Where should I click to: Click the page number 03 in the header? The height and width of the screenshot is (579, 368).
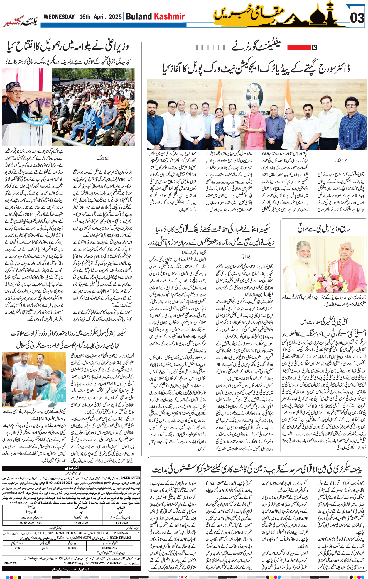pos(357,18)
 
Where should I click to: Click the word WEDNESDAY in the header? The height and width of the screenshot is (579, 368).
pos(59,17)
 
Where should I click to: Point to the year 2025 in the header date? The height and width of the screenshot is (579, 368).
pos(115,17)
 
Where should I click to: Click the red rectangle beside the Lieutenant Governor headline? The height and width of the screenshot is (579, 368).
pos(299,47)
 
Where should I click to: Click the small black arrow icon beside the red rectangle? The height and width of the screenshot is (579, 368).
pos(314,47)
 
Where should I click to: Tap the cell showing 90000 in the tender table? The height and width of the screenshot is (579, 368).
pos(72,548)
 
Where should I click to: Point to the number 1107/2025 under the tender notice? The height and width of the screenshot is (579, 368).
pos(10,563)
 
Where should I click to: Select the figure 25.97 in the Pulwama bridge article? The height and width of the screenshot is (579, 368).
pos(85,207)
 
